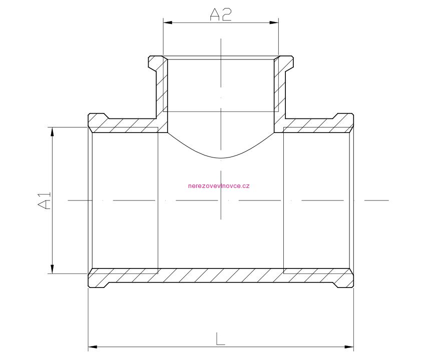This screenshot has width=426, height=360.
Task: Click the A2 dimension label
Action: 221,14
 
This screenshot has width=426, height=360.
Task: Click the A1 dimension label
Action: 44,200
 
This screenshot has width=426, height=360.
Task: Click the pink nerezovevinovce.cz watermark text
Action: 219,186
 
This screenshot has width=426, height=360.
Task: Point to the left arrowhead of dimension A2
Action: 168,22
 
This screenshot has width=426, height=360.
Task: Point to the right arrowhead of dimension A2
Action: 274,22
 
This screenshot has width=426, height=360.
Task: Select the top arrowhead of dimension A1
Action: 53,131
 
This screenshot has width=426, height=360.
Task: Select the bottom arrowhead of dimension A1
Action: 53,269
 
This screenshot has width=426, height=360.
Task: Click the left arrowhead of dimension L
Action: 93,346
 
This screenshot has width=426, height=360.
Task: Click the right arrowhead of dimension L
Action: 349,346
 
